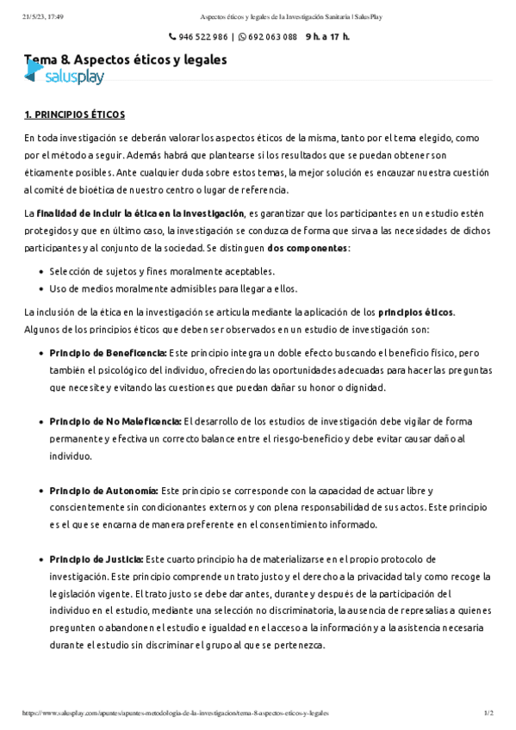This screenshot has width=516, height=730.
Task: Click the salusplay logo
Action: [64, 77]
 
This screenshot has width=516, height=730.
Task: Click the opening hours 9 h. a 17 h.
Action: [327, 37]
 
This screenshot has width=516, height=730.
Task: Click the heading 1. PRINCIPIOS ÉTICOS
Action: [75, 114]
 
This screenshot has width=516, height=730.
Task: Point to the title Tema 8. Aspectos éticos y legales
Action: [126, 59]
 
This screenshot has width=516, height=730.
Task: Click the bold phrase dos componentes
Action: [308, 248]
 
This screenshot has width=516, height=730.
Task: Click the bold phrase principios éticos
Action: [416, 312]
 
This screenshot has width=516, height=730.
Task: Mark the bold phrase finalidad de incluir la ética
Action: [140, 213]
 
